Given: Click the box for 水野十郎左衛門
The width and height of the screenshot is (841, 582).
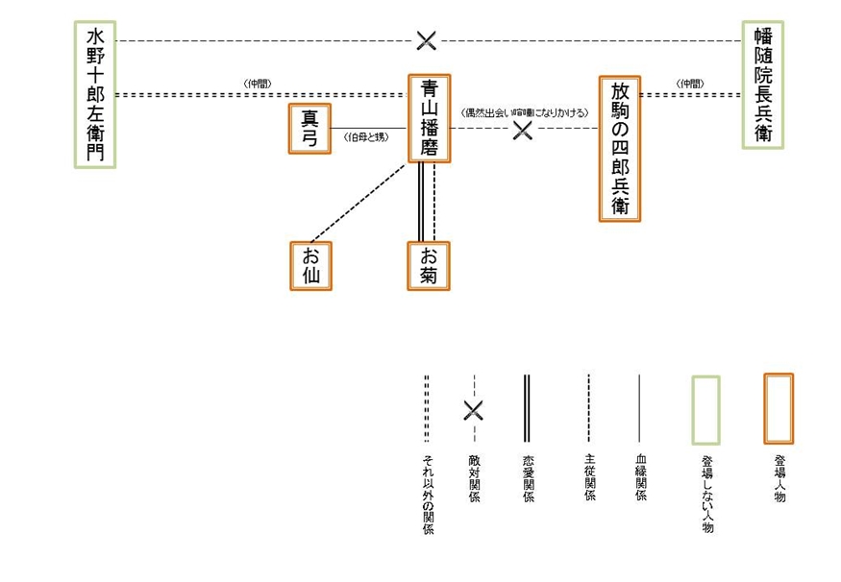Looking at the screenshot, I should click(95, 94).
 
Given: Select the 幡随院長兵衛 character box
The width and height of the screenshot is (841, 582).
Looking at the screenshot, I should click(763, 85).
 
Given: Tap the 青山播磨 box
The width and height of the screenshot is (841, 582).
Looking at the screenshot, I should click(430, 118).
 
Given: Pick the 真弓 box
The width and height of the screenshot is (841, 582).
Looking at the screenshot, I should click(309, 128).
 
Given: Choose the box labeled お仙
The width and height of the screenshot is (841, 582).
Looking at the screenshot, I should click(310, 265).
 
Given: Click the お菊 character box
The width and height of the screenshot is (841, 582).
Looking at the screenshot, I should click(429, 265).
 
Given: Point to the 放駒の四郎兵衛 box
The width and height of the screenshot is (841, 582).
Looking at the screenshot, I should click(620, 149).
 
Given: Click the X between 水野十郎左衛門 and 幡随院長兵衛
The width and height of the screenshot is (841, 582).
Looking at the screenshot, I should click(426, 40).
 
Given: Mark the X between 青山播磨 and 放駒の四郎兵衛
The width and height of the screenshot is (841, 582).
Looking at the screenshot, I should click(522, 130).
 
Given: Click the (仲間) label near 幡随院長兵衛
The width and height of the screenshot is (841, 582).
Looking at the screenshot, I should click(689, 84).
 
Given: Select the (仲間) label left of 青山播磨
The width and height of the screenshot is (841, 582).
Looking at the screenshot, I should click(258, 84).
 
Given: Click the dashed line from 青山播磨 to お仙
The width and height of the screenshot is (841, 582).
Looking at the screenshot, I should click(358, 202).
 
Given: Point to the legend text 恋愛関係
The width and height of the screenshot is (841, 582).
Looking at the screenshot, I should click(529, 478).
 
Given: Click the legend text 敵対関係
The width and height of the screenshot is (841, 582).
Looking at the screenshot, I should click(474, 478).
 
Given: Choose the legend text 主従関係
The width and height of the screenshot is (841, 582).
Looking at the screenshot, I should click(590, 477).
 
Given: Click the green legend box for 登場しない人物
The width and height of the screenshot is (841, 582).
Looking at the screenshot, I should click(706, 410).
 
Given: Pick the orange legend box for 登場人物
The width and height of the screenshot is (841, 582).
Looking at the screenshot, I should click(778, 408).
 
